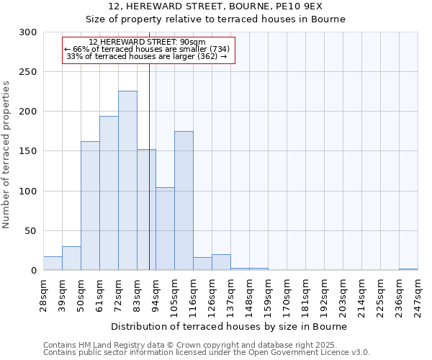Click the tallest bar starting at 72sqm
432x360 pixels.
(x=127, y=181)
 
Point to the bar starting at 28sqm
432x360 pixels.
(x=53, y=264)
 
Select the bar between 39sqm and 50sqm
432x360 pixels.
(x=71, y=258)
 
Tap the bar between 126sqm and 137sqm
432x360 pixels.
(x=221, y=262)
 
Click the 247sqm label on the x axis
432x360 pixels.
(x=418, y=297)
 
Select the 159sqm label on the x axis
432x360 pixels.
(x=268, y=297)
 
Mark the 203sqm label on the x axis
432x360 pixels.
(x=343, y=297)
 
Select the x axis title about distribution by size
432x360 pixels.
(x=230, y=326)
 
